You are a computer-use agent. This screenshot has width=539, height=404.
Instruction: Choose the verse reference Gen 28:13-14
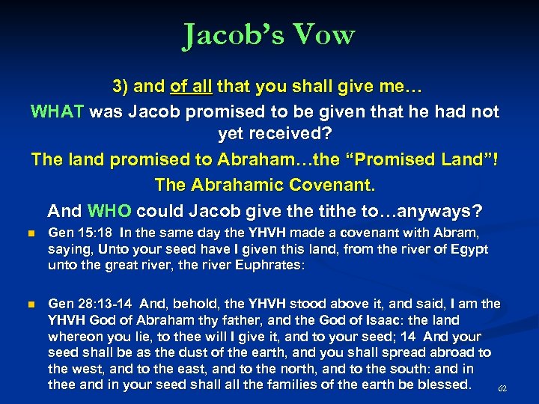pyautogui.click(x=88, y=303)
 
